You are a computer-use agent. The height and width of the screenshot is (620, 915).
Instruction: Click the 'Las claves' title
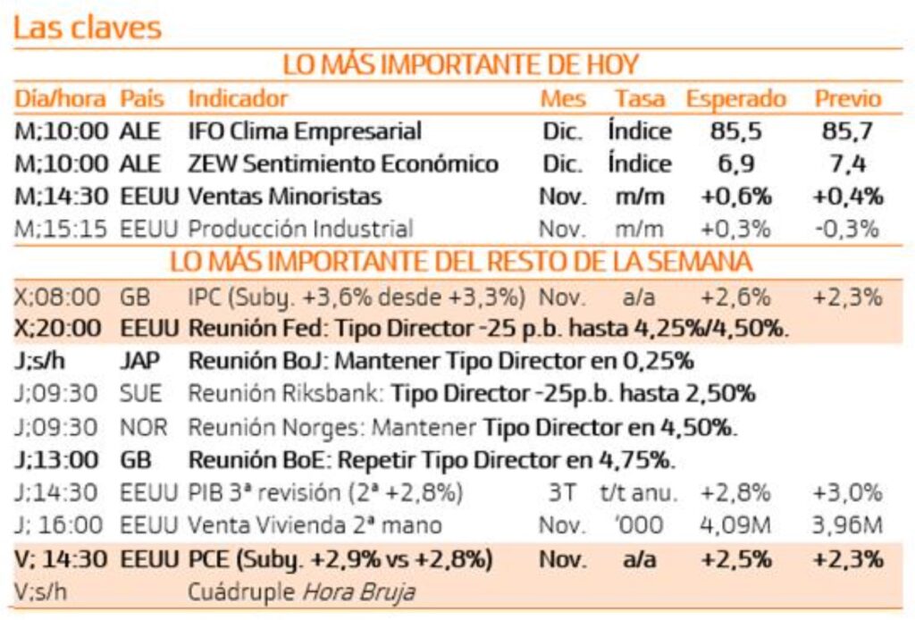tap(88, 28)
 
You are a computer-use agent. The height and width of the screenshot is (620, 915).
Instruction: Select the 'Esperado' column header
tap(735, 98)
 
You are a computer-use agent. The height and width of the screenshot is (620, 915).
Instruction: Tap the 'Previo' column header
tap(847, 98)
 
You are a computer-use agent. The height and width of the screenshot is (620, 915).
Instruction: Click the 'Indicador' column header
tap(238, 98)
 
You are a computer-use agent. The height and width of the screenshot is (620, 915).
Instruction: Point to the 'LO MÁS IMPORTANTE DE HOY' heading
tap(460, 65)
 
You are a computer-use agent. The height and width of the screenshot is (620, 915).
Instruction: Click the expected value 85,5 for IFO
tap(736, 131)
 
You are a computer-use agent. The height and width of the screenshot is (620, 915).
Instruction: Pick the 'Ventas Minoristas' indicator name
tap(285, 197)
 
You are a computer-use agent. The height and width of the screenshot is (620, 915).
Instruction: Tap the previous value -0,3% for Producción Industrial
tap(847, 229)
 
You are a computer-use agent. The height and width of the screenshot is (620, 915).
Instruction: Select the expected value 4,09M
tap(736, 525)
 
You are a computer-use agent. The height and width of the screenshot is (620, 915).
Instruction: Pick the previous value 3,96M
tap(847, 525)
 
